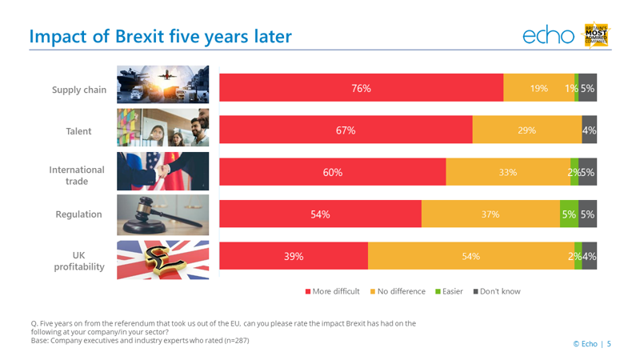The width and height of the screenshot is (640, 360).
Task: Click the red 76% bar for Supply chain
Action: coord(361,88)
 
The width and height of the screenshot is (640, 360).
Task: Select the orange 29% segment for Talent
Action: coord(526,130)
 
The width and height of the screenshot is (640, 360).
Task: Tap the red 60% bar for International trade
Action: coord(332,172)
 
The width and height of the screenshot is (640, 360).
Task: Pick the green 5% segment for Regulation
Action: coord(569,214)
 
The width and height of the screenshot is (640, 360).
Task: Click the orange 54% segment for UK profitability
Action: coord(470,256)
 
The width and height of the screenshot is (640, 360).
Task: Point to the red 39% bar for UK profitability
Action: coord(294,256)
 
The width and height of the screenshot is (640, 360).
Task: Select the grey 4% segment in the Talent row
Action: coord(589,130)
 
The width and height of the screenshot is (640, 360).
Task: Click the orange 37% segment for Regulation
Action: coord(490,214)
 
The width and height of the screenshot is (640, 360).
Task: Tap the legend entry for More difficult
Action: coord(333,291)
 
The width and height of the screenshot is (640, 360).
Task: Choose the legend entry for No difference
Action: coord(398,291)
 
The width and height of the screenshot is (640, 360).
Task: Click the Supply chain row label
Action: coord(79,90)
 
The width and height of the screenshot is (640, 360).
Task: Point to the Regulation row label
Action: coord(79,214)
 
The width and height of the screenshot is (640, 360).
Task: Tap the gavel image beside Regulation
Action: coord(163,214)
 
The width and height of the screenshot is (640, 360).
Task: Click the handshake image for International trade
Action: coord(163,172)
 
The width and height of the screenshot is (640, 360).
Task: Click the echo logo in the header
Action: coord(549,35)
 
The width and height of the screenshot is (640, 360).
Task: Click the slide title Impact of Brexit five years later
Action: coord(160,36)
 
